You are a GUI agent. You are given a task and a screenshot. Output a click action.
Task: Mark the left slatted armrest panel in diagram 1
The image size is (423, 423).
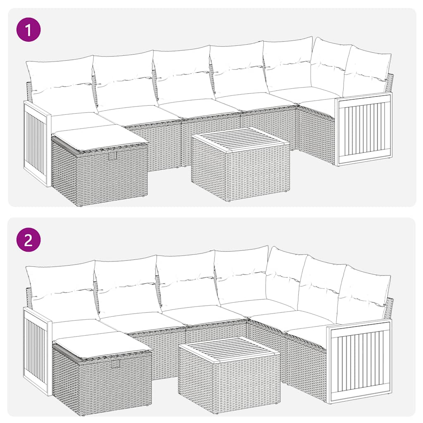click(36, 142)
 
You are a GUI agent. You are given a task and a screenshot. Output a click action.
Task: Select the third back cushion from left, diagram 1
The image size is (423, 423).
click(184, 74)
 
